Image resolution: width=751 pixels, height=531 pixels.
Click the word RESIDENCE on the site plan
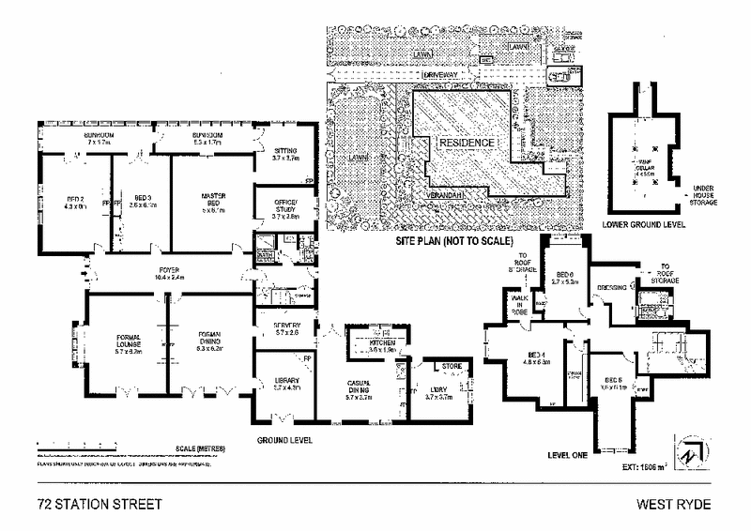(x=467, y=142)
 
